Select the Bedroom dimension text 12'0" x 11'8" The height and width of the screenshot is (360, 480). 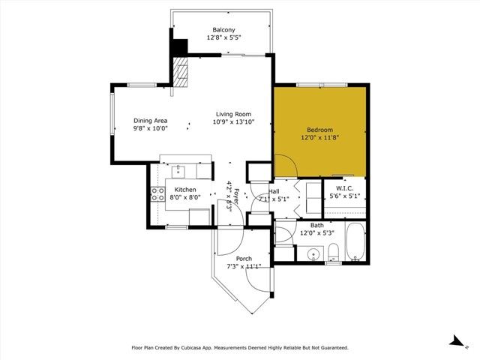coord(319,137)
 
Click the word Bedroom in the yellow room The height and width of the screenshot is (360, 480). coord(319,129)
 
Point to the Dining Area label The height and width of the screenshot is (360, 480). coord(150,121)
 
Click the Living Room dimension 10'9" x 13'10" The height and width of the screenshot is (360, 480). coord(233,121)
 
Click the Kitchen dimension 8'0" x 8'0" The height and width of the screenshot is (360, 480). coord(184,197)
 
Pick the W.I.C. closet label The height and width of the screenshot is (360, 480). coord(345,188)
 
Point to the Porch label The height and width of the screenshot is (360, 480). coord(244,258)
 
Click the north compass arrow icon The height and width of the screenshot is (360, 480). coord(454,340)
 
